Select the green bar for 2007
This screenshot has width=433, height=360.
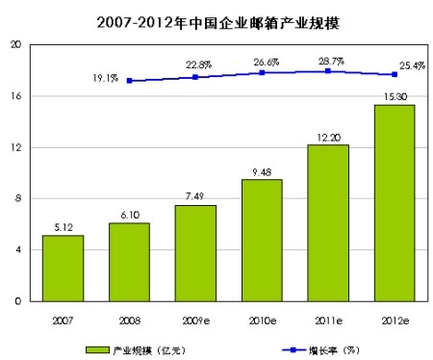pyautogui.click(x=63, y=268)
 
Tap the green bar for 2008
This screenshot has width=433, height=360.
pyautogui.click(x=129, y=262)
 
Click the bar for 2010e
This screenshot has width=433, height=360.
pyautogui.click(x=262, y=240)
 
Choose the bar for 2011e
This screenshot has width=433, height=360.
pyautogui.click(x=328, y=222)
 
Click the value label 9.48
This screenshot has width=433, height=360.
pyautogui.click(x=262, y=171)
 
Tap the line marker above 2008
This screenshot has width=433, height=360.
pyautogui.click(x=129, y=81)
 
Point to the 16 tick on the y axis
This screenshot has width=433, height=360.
pyautogui.click(x=16, y=96)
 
